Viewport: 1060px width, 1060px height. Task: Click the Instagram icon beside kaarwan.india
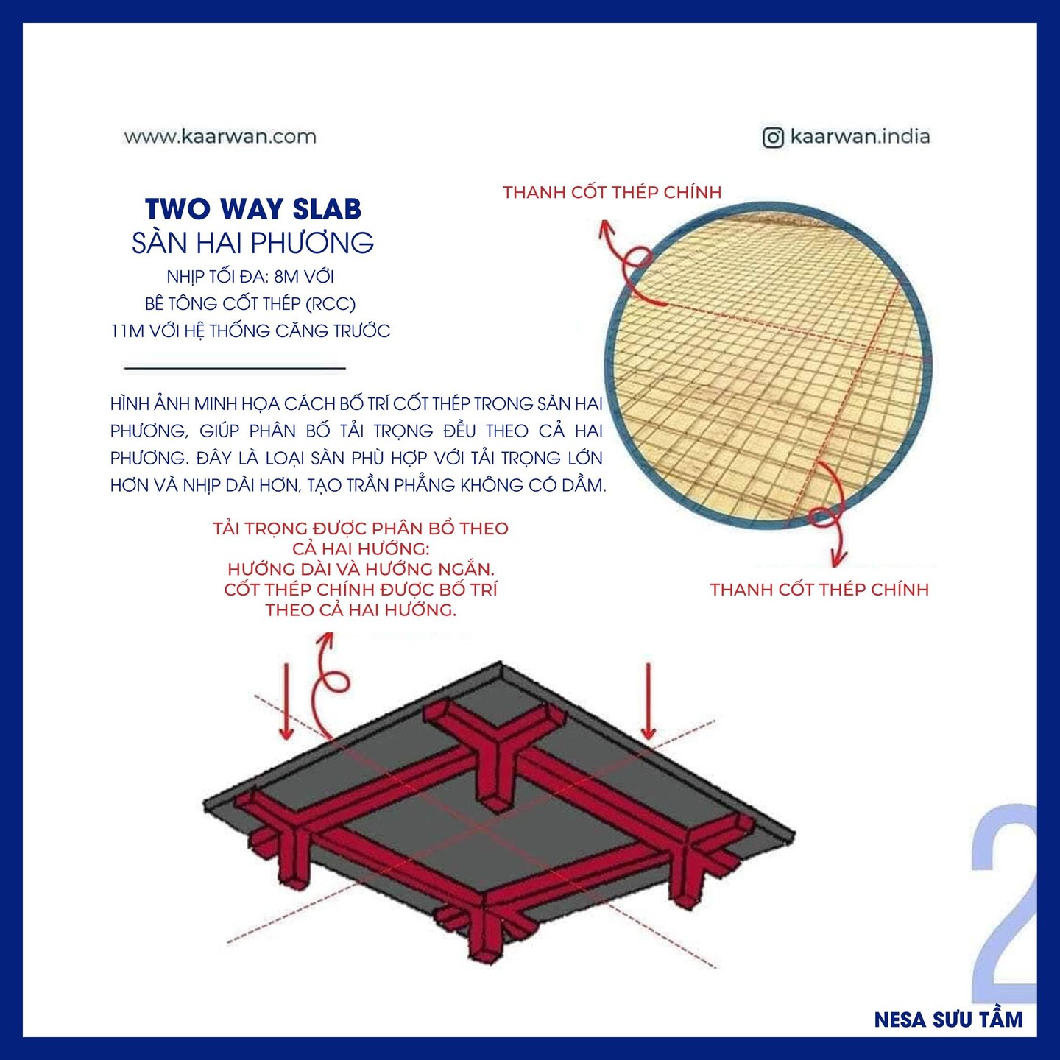pos(773,137)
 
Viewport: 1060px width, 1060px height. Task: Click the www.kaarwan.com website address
pos(220,136)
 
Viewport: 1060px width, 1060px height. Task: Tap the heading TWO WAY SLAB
pos(253,209)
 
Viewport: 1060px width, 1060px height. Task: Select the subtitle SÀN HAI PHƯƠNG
pos(253,243)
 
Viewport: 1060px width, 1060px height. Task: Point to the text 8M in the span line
pos(286,277)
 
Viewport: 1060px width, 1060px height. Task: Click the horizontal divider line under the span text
pos(235,367)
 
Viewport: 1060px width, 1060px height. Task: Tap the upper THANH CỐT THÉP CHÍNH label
pos(612,193)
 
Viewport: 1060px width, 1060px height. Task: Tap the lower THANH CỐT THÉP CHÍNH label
pos(819,590)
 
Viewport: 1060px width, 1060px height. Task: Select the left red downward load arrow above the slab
pos(286,702)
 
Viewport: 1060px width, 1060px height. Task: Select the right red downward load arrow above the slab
pos(649,702)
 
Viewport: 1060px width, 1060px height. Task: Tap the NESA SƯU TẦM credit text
pos(948,1020)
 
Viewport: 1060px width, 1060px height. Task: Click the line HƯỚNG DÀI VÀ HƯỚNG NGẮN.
pos(361,569)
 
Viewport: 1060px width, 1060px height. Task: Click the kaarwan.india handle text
pos(860,136)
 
